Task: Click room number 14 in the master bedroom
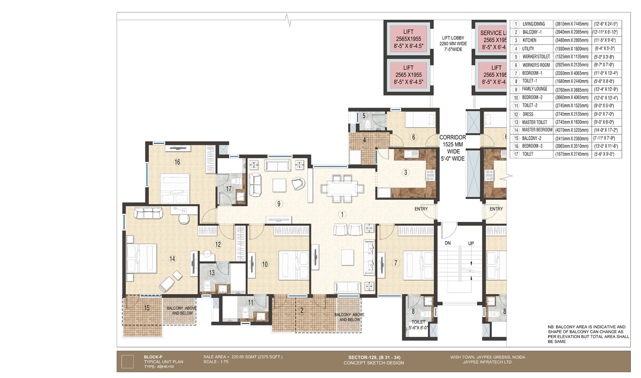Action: tap(173, 259)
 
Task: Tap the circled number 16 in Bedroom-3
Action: tap(177, 161)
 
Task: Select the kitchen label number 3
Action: tap(406, 172)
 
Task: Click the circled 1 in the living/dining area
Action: tap(341, 214)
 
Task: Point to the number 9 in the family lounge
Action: tap(278, 203)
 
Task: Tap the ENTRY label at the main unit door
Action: tap(421, 209)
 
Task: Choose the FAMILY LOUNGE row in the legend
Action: tap(535, 89)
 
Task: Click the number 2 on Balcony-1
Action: tap(302, 310)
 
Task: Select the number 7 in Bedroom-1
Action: tap(395, 263)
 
